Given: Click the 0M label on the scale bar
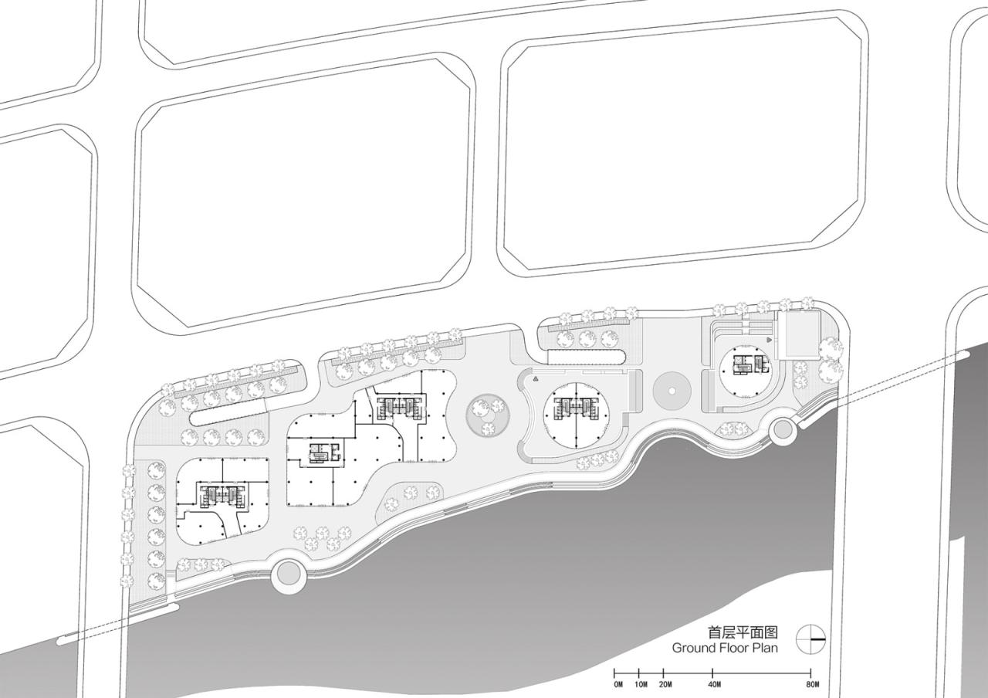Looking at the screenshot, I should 618,684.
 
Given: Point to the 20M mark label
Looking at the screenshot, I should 665,684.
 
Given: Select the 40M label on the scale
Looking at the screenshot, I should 714,684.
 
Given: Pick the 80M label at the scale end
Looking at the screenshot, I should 811,684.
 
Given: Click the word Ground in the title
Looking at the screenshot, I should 693,648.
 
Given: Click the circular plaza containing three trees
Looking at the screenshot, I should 486,415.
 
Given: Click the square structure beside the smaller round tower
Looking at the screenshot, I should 798,335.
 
